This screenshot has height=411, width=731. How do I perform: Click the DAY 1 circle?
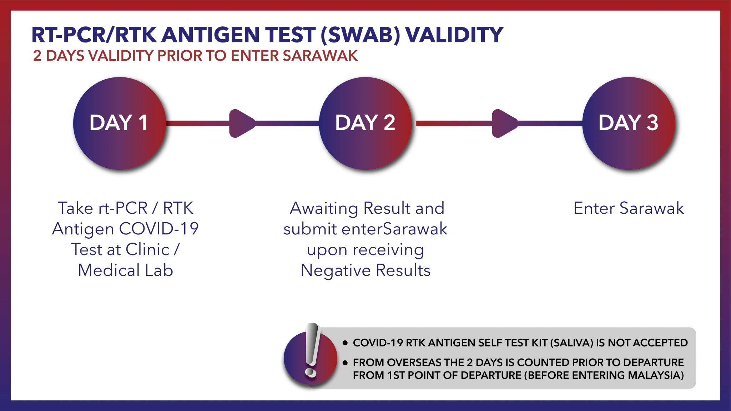tap(120, 123)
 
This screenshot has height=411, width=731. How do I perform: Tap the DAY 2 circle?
tap(365, 123)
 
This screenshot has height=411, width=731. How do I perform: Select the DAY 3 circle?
tap(629, 123)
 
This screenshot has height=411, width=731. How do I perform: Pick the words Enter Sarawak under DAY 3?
tap(629, 208)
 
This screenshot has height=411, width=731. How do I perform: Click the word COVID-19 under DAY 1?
tap(159, 229)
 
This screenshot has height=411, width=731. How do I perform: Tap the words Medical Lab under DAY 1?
tap(126, 270)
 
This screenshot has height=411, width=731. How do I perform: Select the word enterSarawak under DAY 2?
tap(394, 229)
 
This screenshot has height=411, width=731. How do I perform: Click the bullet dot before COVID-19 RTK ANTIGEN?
tap(345, 343)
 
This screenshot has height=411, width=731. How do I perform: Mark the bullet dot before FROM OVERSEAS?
tap(345, 363)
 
